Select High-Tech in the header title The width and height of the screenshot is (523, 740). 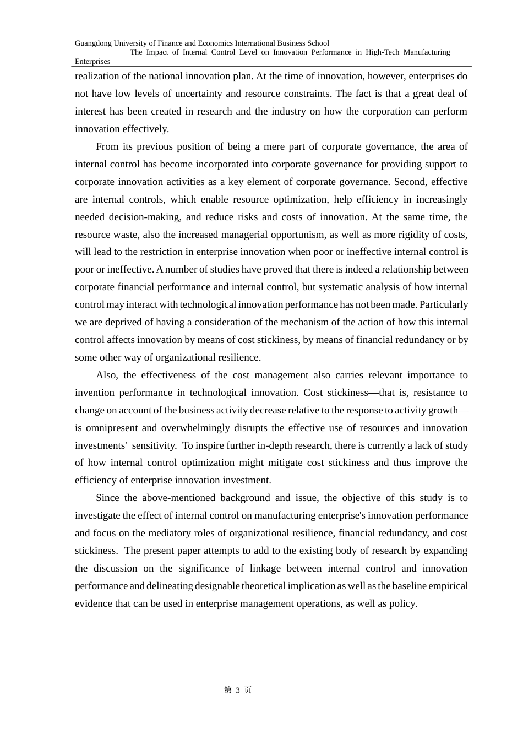click(x=382, y=52)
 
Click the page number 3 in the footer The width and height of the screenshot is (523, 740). click(x=238, y=690)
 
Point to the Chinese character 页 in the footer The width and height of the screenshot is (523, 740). click(x=248, y=690)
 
